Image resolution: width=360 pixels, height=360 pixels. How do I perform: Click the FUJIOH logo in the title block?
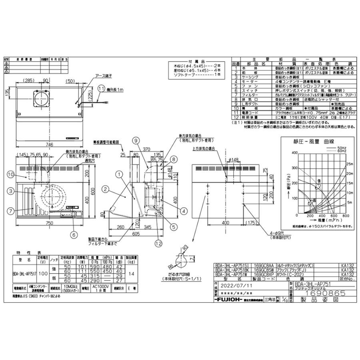point(230,299)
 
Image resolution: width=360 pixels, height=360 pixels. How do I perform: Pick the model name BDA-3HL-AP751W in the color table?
point(231,275)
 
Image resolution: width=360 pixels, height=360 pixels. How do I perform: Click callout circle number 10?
point(11,174)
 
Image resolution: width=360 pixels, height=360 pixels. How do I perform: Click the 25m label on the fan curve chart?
point(350,164)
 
